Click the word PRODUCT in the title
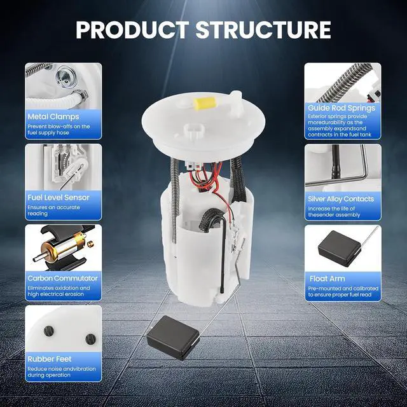132,30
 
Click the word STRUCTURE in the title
263,30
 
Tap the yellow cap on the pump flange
205,104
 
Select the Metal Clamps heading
53,116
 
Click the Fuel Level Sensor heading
59,198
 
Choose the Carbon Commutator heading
62,279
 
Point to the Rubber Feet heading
50,359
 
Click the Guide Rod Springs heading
341,108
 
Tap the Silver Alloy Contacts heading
341,199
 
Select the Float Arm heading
328,279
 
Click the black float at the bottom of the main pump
173,338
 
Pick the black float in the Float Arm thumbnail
339,249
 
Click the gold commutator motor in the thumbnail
64,248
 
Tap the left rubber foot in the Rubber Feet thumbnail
49,331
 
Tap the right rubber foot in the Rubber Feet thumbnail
90,339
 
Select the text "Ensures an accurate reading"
53,210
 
